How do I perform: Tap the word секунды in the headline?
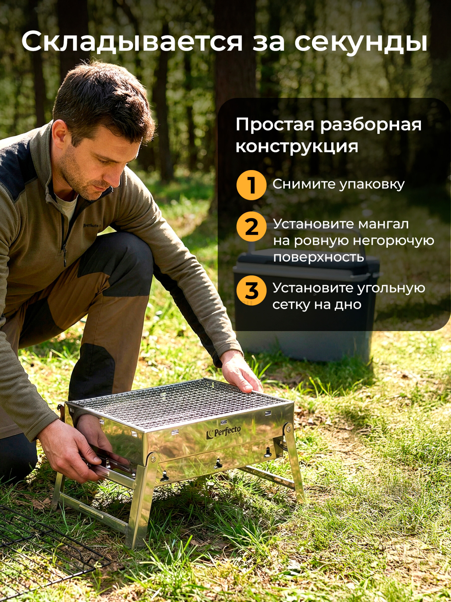pyautogui.click(x=361, y=42)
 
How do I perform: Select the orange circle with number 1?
pyautogui.click(x=251, y=185)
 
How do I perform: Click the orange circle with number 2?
pyautogui.click(x=251, y=227)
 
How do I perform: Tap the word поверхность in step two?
pyautogui.click(x=318, y=257)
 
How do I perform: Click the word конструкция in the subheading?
pyautogui.click(x=297, y=146)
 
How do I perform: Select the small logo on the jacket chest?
pyautogui.click(x=91, y=225)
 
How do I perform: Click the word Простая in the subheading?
pyautogui.click(x=275, y=125)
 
